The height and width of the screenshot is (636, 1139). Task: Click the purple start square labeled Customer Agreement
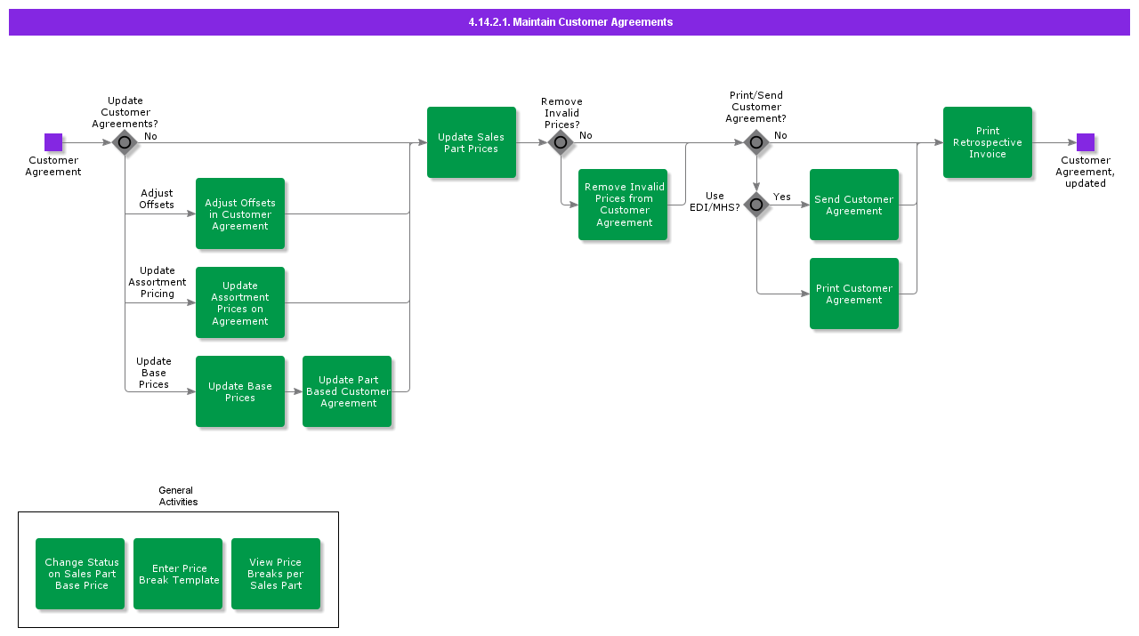coord(53,142)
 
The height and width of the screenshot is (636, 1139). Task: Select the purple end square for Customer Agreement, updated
coord(1085,142)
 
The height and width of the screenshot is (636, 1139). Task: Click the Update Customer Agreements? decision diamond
coord(125,142)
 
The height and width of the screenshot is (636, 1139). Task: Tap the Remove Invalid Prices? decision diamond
coord(561,142)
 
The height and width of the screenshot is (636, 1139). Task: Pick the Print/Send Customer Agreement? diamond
coord(756,142)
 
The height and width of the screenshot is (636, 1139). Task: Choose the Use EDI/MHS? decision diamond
coord(756,205)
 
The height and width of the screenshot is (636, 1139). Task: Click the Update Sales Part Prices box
coord(472,142)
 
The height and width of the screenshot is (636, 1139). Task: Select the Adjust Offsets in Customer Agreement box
coord(240,213)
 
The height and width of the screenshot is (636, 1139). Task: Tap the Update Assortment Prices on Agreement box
coord(240,302)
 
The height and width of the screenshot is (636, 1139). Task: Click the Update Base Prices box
coord(240,391)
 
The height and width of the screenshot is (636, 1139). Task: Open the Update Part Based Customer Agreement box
coord(347,391)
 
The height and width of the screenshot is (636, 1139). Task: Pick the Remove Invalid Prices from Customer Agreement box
coord(623,205)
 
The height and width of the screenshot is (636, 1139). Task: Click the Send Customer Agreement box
coord(854,205)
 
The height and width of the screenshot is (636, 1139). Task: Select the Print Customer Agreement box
coord(854,294)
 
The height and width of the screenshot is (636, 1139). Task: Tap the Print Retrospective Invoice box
coord(988,142)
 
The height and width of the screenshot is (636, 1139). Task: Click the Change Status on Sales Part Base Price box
coord(80,574)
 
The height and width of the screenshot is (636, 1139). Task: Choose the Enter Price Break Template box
coord(178,574)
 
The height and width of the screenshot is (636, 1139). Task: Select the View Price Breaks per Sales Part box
coord(276,574)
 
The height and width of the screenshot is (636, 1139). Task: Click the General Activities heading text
coord(177,496)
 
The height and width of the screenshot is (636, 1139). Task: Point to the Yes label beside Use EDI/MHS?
coord(781,197)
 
